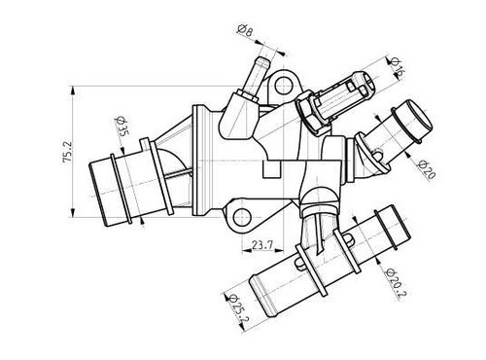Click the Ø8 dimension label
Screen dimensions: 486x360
[x=245, y=30]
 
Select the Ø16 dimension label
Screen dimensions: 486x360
[x=396, y=67]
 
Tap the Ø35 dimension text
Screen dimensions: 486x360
[x=121, y=126]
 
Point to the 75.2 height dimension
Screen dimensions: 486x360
[x=68, y=152]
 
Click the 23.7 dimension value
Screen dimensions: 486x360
[x=262, y=245]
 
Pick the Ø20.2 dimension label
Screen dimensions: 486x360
[x=396, y=283]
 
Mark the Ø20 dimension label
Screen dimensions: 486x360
[x=427, y=169]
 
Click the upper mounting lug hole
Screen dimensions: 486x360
[x=284, y=86]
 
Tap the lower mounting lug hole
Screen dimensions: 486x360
[x=242, y=217]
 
